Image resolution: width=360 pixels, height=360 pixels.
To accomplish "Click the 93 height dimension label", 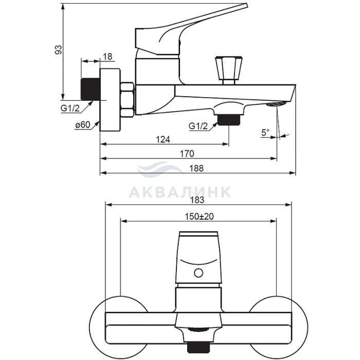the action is (59, 50).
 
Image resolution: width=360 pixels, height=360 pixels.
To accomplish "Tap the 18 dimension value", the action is (107, 57).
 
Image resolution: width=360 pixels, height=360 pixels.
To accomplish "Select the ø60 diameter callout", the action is (83, 125).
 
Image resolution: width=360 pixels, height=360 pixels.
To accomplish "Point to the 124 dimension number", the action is (163, 139).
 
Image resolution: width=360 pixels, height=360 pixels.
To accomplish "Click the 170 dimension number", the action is (187, 154).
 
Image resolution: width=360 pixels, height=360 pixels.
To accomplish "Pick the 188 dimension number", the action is (196, 168).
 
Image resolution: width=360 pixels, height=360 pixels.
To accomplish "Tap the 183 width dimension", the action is (197, 200).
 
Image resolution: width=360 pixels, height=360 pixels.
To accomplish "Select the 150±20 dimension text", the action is (199, 217).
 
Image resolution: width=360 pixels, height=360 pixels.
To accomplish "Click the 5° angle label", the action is (265, 133).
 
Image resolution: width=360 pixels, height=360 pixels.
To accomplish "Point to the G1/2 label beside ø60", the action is (70, 108).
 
